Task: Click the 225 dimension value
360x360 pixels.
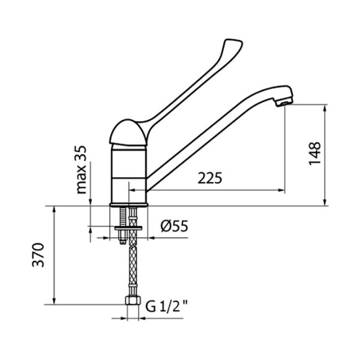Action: [x=210, y=178]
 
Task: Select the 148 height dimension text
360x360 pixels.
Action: [x=314, y=154]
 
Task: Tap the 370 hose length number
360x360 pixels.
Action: [x=38, y=255]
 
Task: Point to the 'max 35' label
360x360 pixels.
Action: [x=81, y=170]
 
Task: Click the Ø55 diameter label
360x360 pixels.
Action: [x=175, y=226]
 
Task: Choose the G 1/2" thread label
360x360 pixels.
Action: [x=166, y=306]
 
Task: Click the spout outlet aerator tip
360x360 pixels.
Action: [x=284, y=103]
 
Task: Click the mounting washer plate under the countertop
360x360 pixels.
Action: [x=128, y=228]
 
